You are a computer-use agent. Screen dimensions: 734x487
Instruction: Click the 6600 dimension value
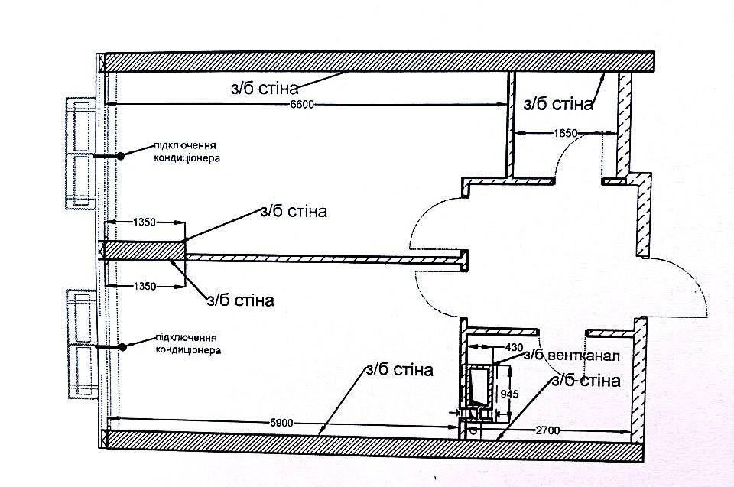click(302, 105)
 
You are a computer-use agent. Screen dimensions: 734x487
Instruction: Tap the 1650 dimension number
click(566, 134)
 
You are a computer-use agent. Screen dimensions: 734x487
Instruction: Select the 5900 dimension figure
click(281, 424)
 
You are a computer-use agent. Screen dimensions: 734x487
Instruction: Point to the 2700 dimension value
click(547, 430)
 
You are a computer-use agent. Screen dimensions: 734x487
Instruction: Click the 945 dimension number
click(509, 394)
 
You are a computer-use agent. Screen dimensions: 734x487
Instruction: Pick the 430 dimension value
click(514, 347)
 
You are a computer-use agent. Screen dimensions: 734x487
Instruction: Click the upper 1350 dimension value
click(145, 222)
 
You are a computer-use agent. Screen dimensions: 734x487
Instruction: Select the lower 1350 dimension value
click(145, 286)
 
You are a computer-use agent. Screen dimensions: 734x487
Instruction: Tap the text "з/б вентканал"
click(572, 356)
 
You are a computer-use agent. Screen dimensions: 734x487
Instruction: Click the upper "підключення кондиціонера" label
click(187, 151)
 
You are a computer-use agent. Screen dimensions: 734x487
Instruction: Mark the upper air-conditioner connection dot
click(121, 156)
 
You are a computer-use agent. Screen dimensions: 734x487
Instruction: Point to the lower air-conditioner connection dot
click(122, 347)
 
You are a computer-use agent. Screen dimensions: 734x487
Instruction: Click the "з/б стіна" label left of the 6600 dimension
click(265, 89)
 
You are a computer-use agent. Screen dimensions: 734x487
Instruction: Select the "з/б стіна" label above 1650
click(558, 104)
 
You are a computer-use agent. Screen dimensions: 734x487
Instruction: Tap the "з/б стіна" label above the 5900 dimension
click(399, 370)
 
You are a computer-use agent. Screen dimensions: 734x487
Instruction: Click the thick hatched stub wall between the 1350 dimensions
click(143, 250)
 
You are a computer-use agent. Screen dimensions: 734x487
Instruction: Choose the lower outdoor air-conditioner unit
click(82, 344)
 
